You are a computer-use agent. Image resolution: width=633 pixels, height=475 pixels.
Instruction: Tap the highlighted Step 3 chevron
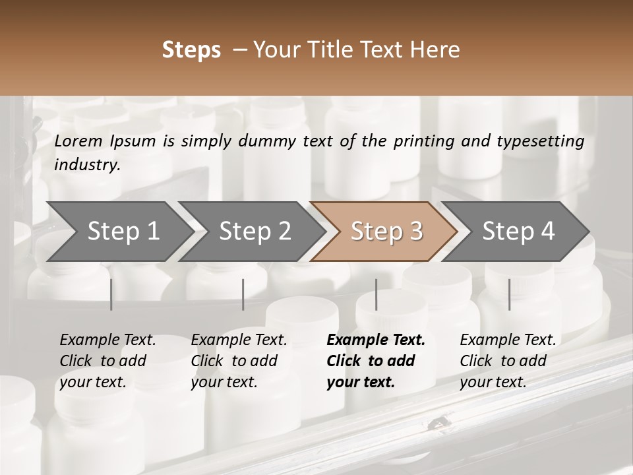click(386, 232)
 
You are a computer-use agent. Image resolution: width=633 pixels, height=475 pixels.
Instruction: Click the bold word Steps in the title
click(191, 50)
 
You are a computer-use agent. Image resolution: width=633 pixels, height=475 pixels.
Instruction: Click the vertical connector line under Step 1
click(111, 294)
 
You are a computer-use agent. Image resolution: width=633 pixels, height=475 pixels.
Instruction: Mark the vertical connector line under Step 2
click(243, 294)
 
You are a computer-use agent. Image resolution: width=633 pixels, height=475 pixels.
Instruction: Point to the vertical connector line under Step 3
click(376, 294)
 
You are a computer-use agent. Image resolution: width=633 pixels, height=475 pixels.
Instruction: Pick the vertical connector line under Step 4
click(509, 294)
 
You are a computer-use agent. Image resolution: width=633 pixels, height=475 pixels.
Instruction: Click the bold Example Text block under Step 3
click(376, 361)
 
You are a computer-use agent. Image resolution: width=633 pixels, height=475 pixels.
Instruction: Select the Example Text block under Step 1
click(107, 361)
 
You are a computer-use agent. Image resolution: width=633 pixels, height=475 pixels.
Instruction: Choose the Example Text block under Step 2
click(239, 361)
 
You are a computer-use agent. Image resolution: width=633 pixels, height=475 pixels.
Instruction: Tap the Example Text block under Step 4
click(508, 361)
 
